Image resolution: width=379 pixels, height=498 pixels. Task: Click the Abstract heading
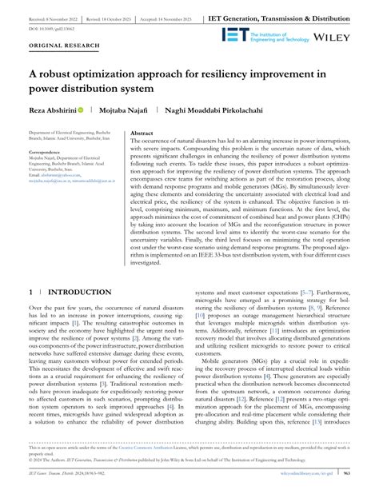point(142,133)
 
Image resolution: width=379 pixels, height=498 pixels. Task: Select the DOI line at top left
point(53,27)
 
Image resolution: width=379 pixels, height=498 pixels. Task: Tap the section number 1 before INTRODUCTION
point(31,271)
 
